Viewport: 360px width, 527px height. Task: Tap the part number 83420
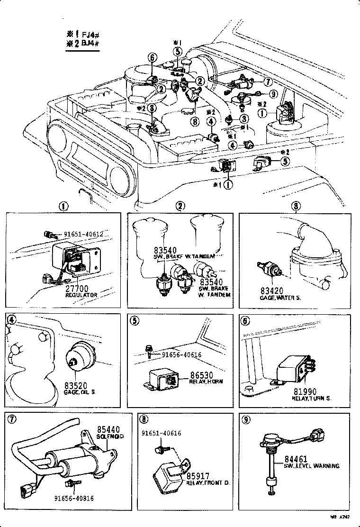270,291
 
